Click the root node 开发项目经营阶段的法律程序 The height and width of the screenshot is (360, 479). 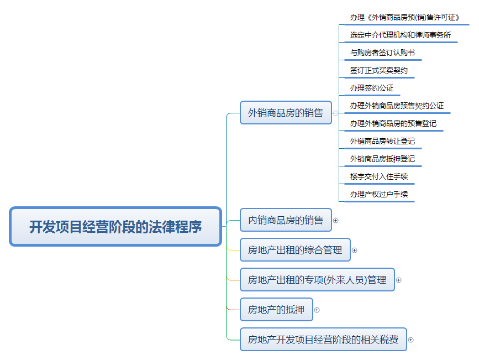pos(115,227)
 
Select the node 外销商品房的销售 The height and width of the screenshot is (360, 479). pos(286,113)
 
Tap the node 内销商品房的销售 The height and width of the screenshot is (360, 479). pos(286,220)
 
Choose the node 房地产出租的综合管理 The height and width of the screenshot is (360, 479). pos(295,250)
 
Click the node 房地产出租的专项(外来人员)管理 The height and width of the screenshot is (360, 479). pos(317,280)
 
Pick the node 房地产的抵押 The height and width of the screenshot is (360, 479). pos(276,310)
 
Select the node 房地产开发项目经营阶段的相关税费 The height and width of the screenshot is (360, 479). pos(323,340)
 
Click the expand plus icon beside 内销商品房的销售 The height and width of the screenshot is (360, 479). pos(336,220)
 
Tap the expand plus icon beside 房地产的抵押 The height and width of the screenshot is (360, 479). pos(317,310)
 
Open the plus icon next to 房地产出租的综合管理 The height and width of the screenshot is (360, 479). pos(355,250)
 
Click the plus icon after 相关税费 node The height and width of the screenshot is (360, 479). pos(410,340)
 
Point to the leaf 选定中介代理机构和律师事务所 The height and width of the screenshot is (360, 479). pos(400,35)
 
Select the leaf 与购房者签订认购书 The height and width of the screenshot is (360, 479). pos(382,53)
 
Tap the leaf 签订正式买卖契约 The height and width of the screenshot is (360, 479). pos(378,71)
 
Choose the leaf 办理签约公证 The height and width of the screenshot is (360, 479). pos(371,88)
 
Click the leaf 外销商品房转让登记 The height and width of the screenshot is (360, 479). pos(382,141)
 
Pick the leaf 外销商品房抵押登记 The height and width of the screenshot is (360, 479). pos(382,159)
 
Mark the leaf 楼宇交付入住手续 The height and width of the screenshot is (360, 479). pos(378,176)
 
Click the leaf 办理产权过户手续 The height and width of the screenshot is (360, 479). pos(378,194)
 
